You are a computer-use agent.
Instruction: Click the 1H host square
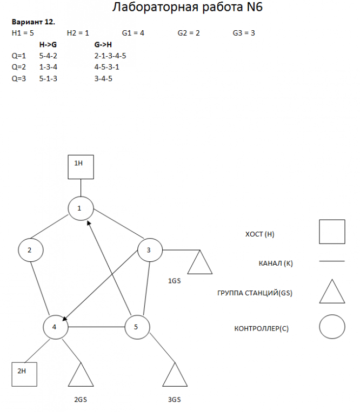click(x=81, y=167)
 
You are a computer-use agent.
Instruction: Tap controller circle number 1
click(x=81, y=208)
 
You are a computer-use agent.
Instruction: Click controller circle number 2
click(x=30, y=249)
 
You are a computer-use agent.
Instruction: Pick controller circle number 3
click(x=150, y=250)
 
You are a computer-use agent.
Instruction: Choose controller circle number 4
click(x=55, y=327)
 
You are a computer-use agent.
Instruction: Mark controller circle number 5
click(x=137, y=327)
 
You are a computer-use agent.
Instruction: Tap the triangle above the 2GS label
click(x=82, y=376)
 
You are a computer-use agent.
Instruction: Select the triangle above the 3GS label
click(x=175, y=376)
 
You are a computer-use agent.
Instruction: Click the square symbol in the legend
click(x=332, y=232)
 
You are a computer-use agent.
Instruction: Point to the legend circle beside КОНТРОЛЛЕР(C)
click(x=332, y=327)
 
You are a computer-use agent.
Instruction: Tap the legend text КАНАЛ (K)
click(x=276, y=263)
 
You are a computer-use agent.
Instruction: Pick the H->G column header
click(x=48, y=45)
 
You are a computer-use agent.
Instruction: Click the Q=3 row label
click(x=19, y=79)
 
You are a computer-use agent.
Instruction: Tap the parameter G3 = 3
click(x=244, y=33)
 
